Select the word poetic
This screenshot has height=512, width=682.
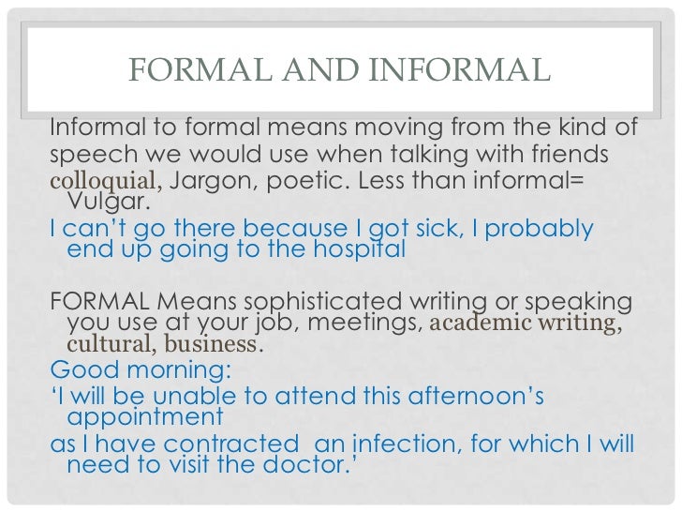[x=307, y=180]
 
